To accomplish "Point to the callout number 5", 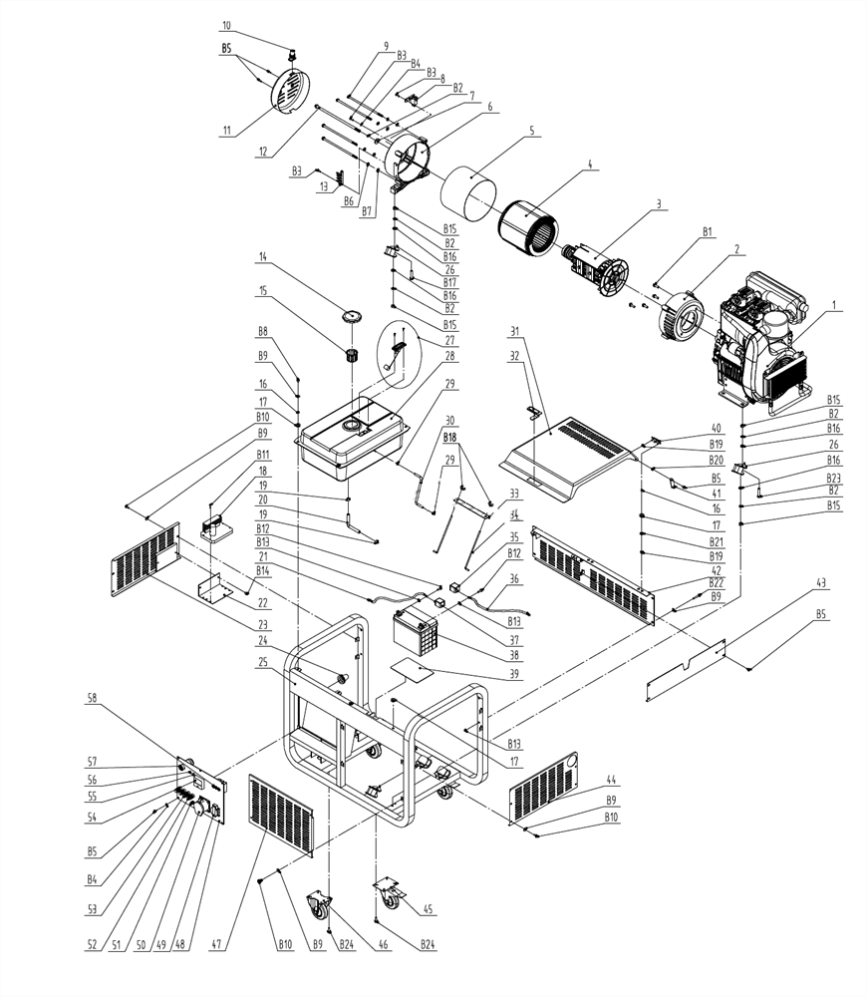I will [x=531, y=131].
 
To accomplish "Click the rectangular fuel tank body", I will [x=357, y=436].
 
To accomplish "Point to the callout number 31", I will [x=515, y=331].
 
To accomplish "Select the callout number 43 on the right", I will [x=821, y=582].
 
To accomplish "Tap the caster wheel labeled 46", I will [x=321, y=908].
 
